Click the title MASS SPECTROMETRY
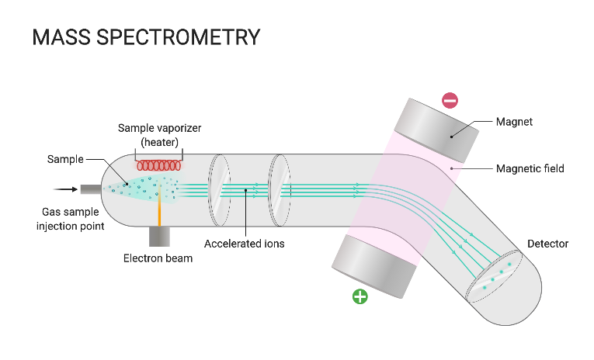(145, 37)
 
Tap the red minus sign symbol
(450, 100)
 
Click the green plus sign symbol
(360, 296)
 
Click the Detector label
(547, 244)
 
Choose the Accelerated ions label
(244, 244)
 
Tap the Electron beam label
(158, 258)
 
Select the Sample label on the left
(65, 159)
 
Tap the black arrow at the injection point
(66, 189)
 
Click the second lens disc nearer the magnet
(279, 189)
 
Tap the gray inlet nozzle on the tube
(91, 189)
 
